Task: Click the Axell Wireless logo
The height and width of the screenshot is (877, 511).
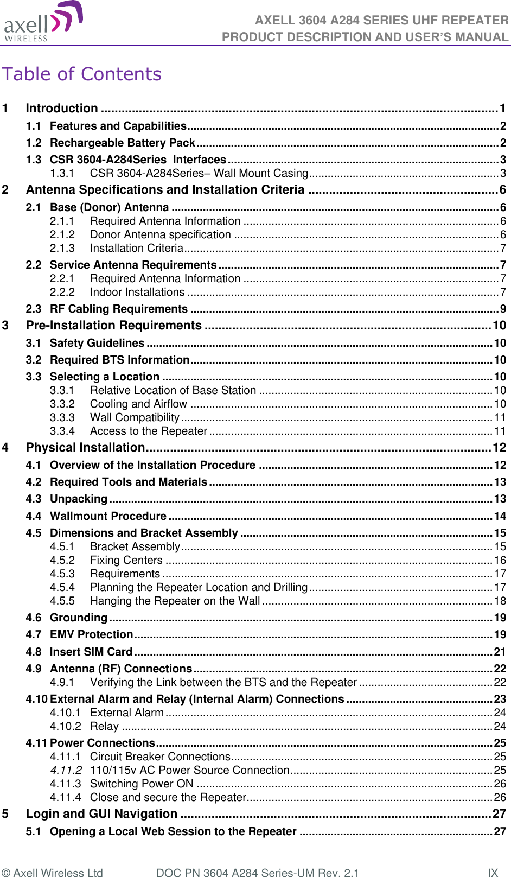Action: click(x=43, y=22)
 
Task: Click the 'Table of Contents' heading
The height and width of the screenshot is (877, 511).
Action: click(x=82, y=74)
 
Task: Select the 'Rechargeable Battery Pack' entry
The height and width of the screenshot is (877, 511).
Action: click(x=122, y=143)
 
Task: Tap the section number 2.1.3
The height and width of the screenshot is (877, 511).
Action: click(x=62, y=248)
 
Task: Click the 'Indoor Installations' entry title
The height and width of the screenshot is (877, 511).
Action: click(x=137, y=292)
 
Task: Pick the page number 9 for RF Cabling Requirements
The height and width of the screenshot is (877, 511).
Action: click(x=503, y=309)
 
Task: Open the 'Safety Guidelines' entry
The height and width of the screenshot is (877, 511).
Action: click(x=97, y=343)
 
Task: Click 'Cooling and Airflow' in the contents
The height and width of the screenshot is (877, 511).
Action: click(x=138, y=404)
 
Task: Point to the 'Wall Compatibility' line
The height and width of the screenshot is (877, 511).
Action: click(x=135, y=417)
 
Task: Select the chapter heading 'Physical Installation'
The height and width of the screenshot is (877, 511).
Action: click(x=85, y=448)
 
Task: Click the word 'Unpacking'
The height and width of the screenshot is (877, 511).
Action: click(x=79, y=499)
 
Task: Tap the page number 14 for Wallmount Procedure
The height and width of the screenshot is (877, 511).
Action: click(x=500, y=516)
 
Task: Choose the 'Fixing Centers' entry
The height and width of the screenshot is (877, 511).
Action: click(x=126, y=560)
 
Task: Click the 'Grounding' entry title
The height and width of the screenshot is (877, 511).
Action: click(x=79, y=618)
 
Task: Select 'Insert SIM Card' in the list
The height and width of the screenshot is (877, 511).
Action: click(x=91, y=652)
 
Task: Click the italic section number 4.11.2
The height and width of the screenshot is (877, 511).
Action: click(x=66, y=770)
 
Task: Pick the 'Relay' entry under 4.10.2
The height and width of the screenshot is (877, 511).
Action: click(x=104, y=726)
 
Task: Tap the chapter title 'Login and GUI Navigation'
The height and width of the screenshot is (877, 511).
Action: click(x=101, y=814)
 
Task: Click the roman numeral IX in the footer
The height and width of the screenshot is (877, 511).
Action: click(x=493, y=872)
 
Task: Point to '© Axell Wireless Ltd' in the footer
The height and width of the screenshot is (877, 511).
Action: click(x=52, y=872)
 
